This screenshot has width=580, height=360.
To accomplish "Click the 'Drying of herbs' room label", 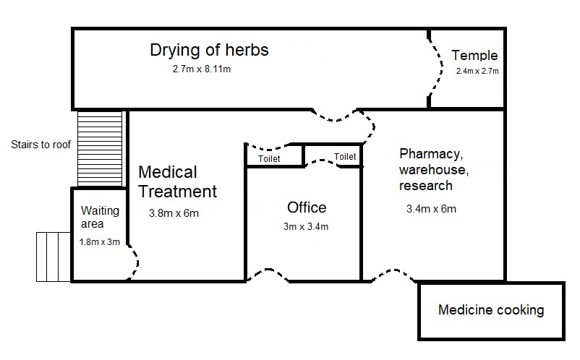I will tap(209, 50).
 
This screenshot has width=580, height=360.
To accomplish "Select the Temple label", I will tap(474, 55).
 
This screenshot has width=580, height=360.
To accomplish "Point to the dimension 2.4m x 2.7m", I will tap(477, 72).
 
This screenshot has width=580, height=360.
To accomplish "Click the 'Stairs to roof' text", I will tap(41, 145).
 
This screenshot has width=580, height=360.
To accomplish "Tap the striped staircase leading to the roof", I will tap(100, 148).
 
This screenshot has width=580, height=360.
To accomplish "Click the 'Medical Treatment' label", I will tap(177, 182).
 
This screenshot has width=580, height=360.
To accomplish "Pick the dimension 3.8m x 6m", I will tap(174, 213).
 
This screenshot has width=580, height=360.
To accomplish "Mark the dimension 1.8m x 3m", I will tap(100, 242).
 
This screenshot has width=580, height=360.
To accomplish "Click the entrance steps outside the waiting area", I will tap(54, 257).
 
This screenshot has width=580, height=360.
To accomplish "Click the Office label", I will tap(307, 208).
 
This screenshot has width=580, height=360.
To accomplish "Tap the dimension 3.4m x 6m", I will tap(432, 210).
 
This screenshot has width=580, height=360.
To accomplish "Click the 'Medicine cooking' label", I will tap(491, 311).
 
